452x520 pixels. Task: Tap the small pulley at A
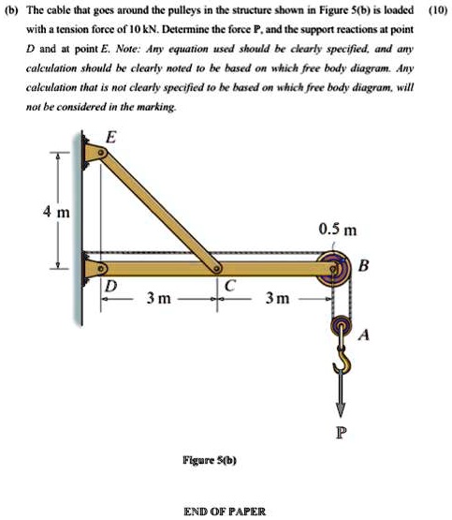pos(341,328)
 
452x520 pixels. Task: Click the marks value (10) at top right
pos(435,11)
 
